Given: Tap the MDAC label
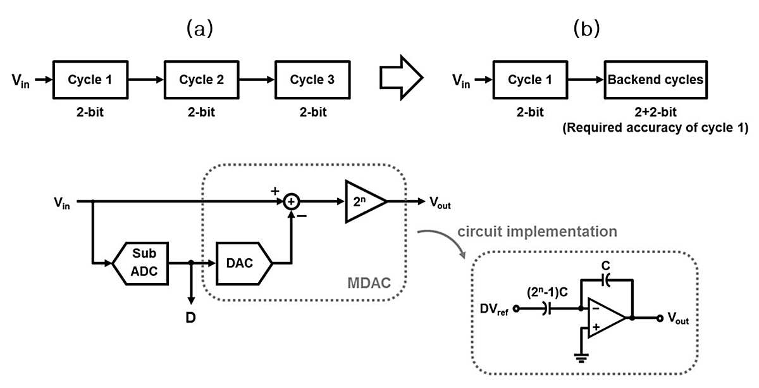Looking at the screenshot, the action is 369,283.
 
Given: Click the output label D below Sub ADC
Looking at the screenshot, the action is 191,318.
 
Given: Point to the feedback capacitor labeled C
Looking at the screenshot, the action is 606,280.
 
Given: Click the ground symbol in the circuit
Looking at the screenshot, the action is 581,358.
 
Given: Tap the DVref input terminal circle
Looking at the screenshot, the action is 516,309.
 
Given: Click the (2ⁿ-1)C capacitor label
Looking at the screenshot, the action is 547,292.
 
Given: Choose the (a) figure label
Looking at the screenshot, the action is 200,28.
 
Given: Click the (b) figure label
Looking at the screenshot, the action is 586,28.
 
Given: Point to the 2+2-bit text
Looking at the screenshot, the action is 655,112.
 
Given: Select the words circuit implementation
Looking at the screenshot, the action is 537,232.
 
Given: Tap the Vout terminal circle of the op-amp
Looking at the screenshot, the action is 660,318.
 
